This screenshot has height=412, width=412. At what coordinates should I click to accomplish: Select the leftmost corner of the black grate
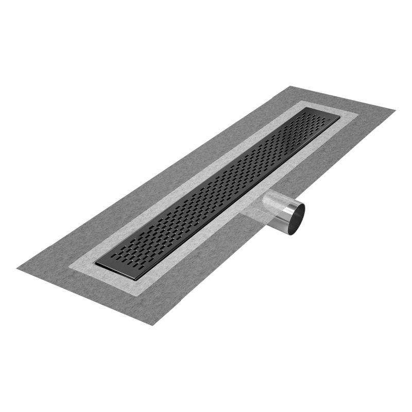coord(96,264)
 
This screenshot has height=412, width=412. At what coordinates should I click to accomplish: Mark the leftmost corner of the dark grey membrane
coord(17,268)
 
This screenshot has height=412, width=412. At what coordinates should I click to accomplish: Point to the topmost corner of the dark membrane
coord(291,86)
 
